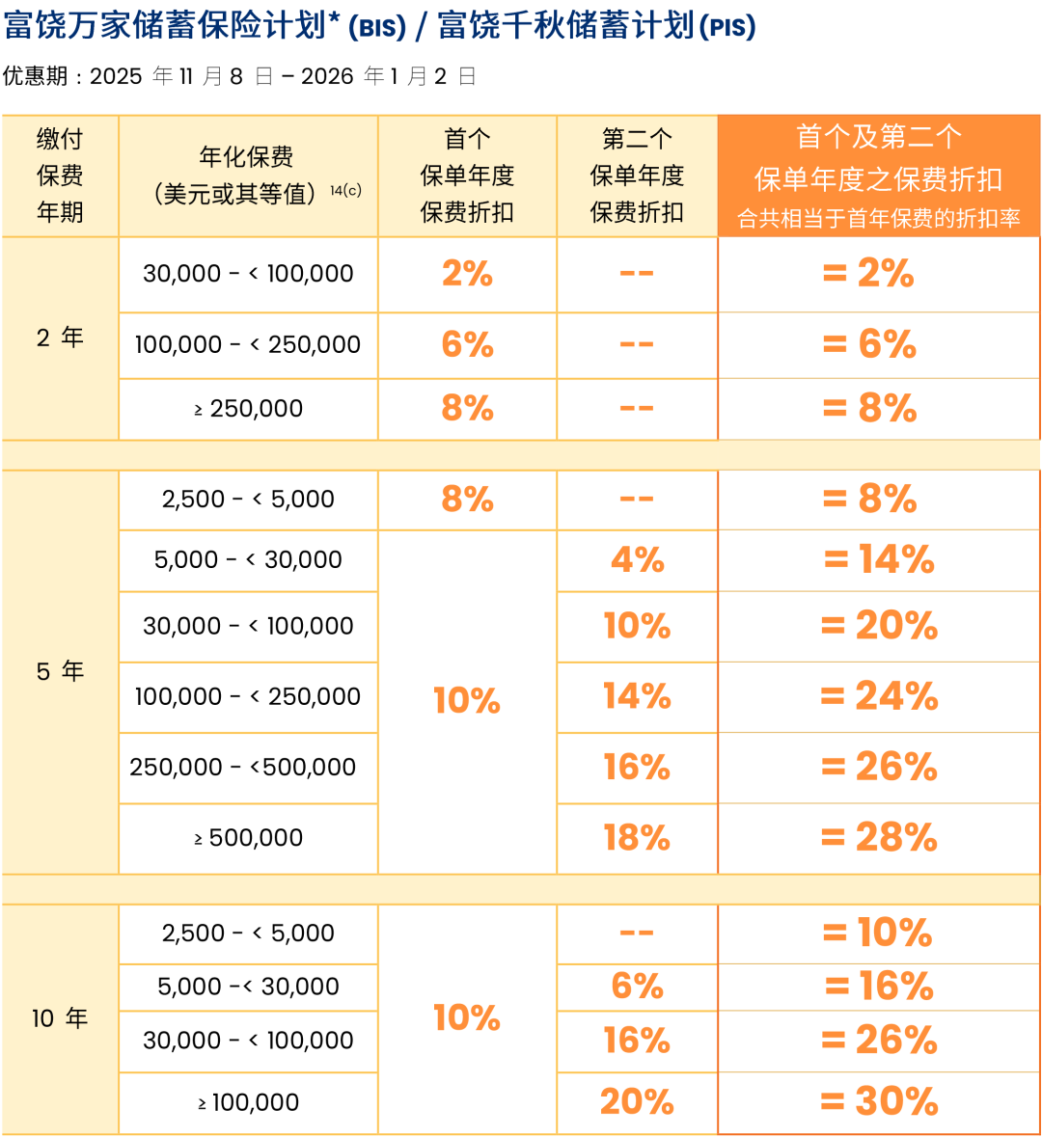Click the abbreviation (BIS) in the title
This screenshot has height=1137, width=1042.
[377, 28]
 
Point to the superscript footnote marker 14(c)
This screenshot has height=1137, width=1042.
[345, 190]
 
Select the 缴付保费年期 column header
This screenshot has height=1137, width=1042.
[60, 176]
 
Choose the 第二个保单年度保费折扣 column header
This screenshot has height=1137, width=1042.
[637, 176]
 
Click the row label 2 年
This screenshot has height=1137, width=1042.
[60, 338]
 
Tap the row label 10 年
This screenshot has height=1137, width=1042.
[60, 1018]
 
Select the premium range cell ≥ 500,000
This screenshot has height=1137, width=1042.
[249, 838]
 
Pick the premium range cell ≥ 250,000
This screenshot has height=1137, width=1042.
[249, 409]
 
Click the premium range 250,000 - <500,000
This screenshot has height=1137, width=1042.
[243, 768]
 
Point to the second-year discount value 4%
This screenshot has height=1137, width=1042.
[637, 560]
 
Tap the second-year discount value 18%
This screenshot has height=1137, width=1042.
[637, 838]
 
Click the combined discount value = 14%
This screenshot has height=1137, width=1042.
[879, 560]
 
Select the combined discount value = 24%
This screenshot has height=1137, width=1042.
[879, 696]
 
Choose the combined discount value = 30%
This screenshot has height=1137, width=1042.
[879, 1101]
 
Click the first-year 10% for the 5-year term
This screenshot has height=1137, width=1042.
[467, 701]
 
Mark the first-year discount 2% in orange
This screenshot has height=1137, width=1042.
[467, 274]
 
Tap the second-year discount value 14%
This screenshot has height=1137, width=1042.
[637, 696]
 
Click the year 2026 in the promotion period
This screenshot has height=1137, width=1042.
[327, 77]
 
